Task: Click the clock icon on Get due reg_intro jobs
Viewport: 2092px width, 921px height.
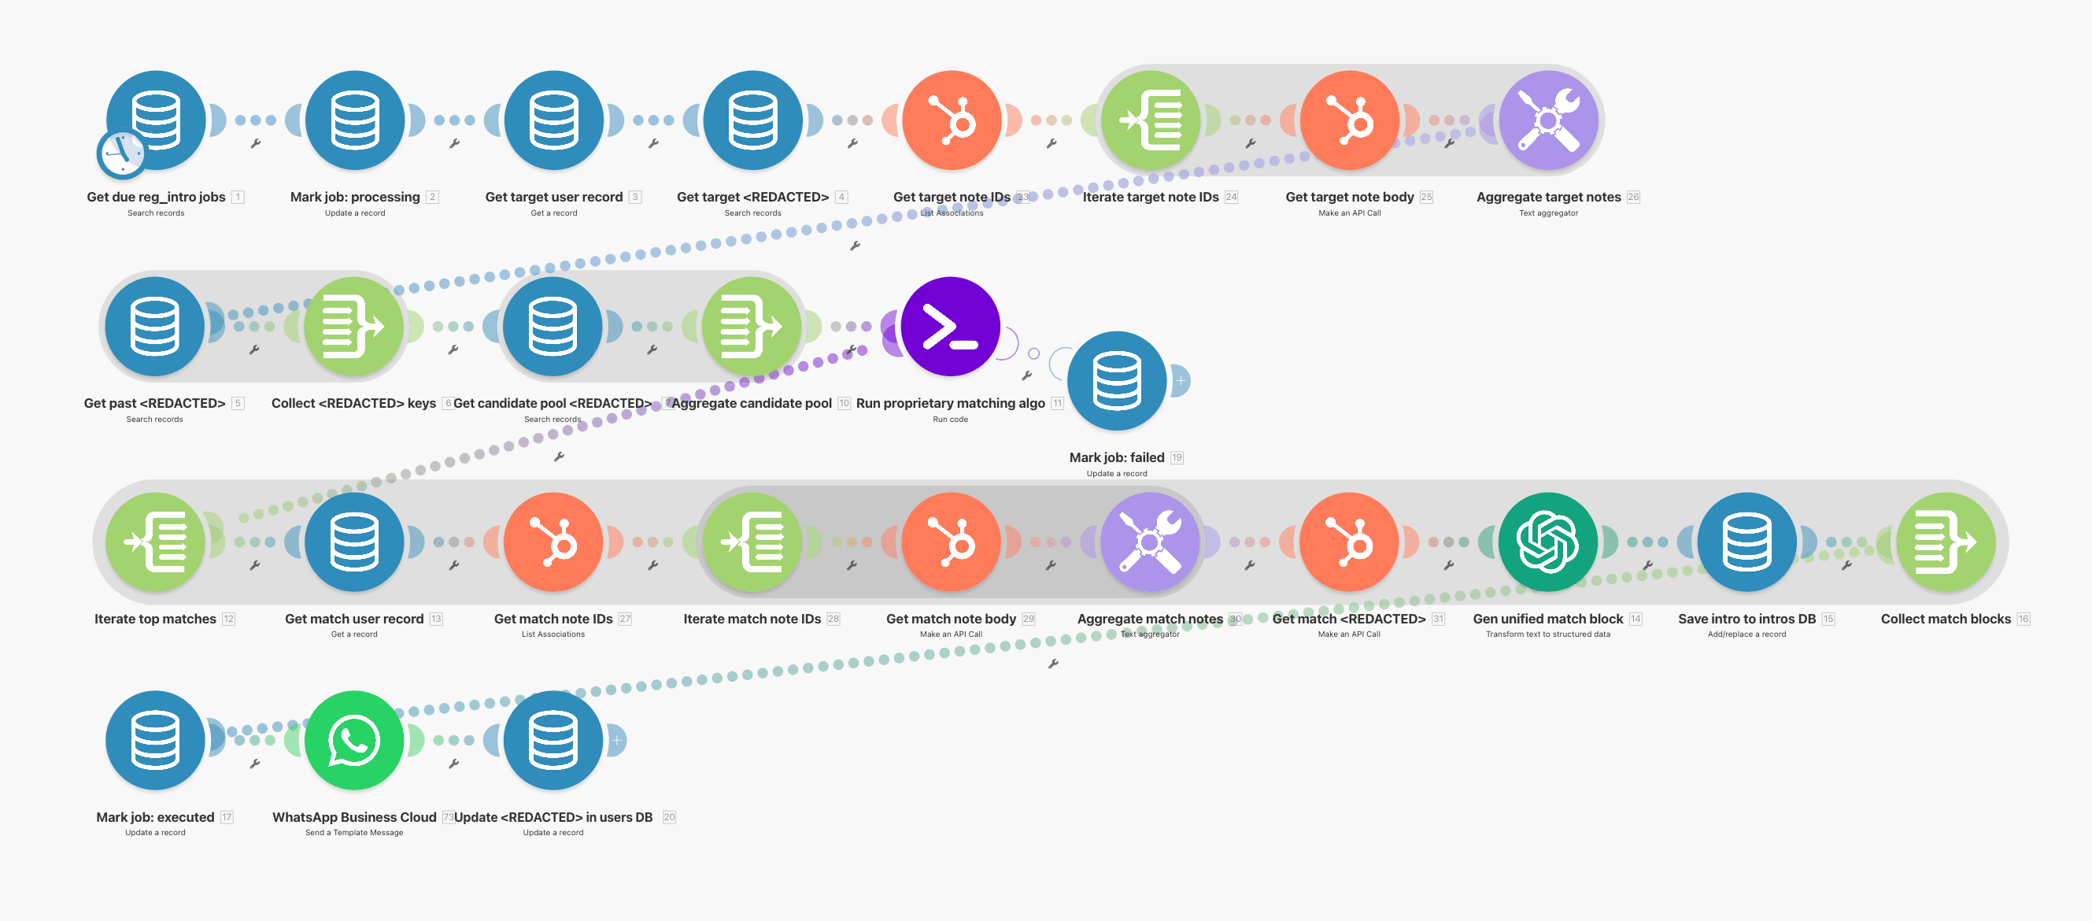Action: (121, 153)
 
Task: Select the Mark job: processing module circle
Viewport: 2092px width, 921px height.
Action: (355, 120)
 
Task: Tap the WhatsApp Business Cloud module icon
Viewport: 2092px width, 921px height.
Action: (354, 740)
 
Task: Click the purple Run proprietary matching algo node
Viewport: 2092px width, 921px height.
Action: (950, 327)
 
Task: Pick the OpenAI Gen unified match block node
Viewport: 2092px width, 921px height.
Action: (1547, 542)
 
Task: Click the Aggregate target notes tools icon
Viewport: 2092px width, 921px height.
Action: (1548, 120)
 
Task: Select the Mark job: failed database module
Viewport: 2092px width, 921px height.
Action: (1117, 381)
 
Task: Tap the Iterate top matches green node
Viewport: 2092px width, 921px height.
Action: (155, 542)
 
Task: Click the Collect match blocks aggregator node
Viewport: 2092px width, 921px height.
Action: (1945, 542)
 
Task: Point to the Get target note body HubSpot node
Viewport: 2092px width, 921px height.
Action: (1349, 120)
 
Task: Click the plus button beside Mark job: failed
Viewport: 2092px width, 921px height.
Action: (1181, 380)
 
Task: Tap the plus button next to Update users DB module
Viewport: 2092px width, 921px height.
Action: (617, 740)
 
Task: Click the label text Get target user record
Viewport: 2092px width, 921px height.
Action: (553, 197)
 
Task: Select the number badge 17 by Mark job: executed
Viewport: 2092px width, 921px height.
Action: (227, 817)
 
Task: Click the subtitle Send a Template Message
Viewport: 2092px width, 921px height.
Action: (354, 833)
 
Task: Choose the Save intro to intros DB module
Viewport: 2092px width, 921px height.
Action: (1746, 542)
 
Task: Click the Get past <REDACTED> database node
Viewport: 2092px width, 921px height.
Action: (154, 327)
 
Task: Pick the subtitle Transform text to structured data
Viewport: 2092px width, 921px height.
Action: (1547, 634)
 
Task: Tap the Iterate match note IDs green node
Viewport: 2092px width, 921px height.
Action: (752, 542)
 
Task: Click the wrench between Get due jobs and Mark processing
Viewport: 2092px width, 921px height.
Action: (255, 144)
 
